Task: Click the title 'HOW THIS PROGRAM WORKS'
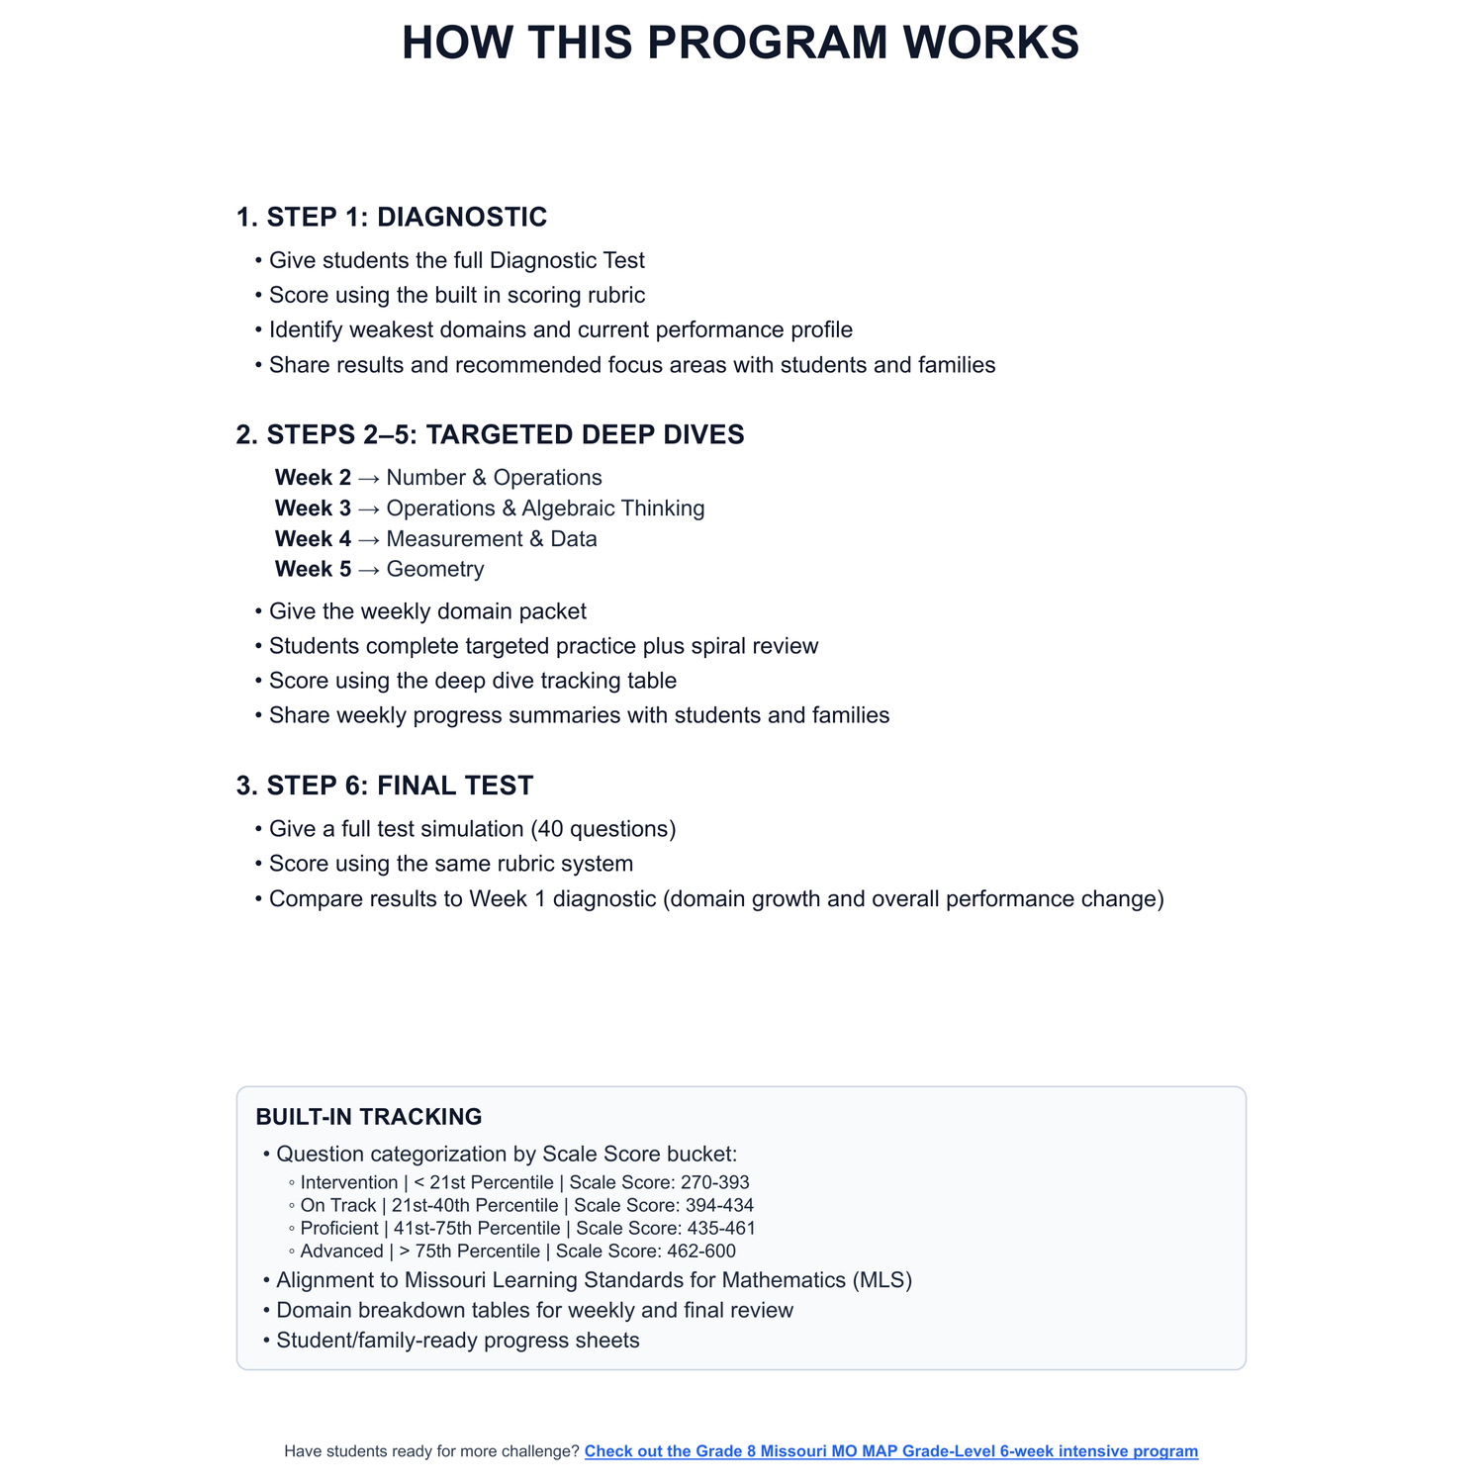[740, 44]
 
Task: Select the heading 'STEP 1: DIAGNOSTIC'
[407, 217]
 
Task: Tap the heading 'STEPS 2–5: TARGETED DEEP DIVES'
[505, 434]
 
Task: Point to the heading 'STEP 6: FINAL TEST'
[400, 786]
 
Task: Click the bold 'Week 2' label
[313, 478]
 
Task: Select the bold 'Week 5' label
[313, 569]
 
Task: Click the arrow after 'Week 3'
[369, 509]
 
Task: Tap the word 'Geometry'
[435, 569]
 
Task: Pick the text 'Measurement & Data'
[492, 539]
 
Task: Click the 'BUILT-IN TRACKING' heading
[369, 1117]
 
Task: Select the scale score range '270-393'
[715, 1182]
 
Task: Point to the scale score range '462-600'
[701, 1252]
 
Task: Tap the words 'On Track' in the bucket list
[338, 1206]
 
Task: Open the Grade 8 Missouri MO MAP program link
[890, 1451]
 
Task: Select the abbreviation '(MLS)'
[881, 1280]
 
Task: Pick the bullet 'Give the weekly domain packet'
[427, 611]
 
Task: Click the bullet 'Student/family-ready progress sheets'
[458, 1341]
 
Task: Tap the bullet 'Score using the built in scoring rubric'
[457, 295]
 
